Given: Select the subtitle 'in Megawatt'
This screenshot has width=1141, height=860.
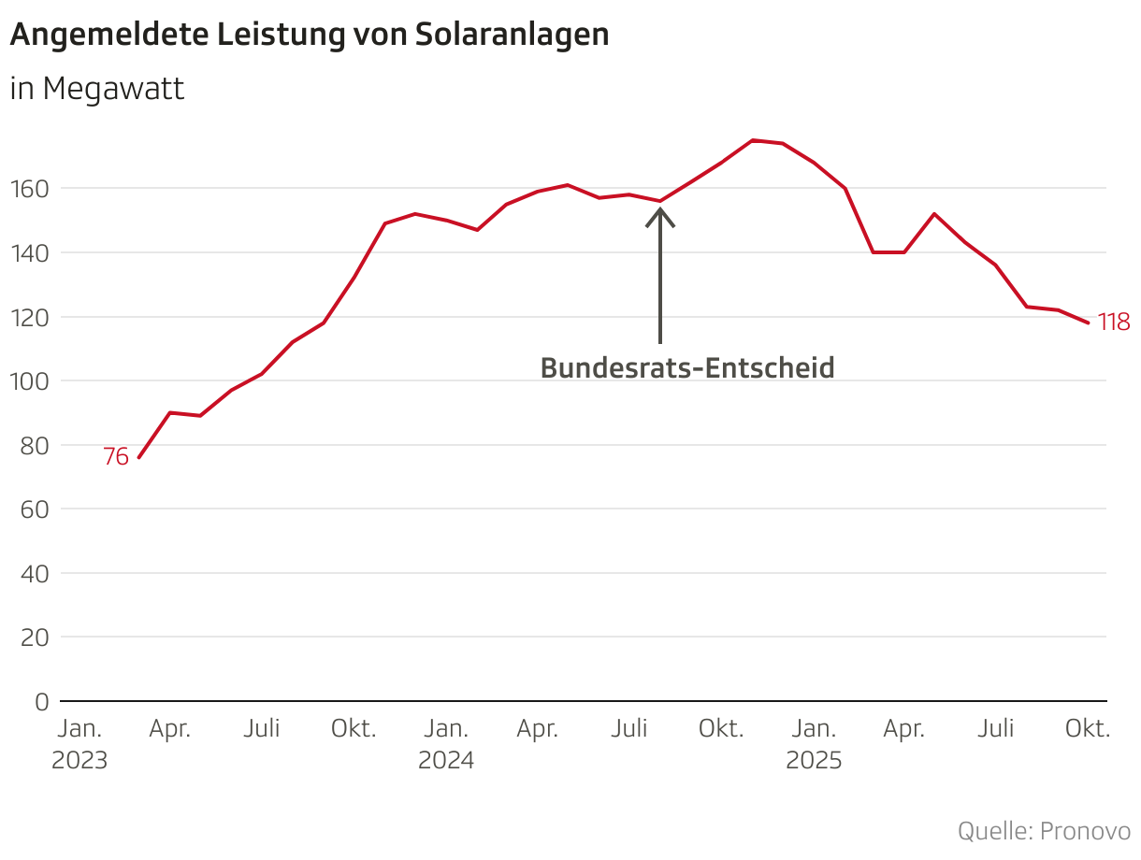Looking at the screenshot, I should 97,90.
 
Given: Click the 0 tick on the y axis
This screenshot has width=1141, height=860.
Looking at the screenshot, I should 41,701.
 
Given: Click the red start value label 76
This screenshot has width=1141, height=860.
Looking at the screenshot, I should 115,457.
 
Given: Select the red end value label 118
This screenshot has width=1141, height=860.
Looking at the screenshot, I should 1114,322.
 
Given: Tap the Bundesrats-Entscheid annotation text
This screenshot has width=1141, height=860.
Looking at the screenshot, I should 687,368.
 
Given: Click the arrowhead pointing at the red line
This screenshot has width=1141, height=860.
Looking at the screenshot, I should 660,213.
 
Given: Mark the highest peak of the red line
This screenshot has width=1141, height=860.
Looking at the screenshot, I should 753,140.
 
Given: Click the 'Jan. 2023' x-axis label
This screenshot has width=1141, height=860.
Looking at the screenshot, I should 79,744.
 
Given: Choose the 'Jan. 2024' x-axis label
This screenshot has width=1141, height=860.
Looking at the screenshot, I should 446,744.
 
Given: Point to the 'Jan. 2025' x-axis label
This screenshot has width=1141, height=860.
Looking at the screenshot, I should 814,744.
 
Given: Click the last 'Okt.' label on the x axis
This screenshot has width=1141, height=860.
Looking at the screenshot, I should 1088,729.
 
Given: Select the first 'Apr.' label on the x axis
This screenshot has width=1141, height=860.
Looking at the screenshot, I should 170,729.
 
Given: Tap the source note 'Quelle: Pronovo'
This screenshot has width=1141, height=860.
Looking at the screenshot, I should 1044,831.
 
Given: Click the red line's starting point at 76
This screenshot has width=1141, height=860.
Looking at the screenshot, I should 138,458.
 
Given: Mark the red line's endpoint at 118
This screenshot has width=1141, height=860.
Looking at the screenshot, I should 1089,323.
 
